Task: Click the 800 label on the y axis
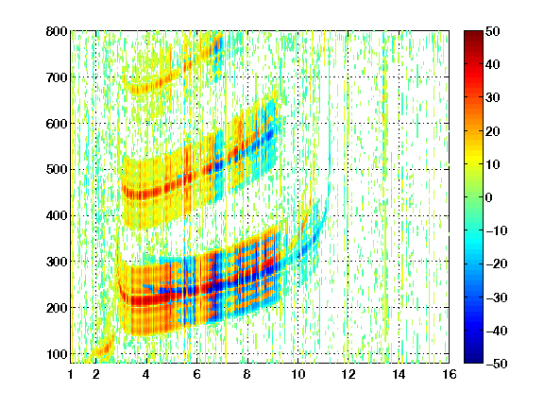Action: (x=57, y=31)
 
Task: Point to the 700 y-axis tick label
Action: (x=57, y=77)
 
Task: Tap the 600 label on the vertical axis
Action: (x=57, y=124)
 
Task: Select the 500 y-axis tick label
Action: (x=57, y=170)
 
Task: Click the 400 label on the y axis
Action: (x=57, y=215)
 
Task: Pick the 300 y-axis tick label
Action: (x=57, y=262)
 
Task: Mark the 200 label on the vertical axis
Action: (x=57, y=308)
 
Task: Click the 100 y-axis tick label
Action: (x=57, y=354)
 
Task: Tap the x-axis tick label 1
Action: (x=71, y=374)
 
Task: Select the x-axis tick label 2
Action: (x=95, y=374)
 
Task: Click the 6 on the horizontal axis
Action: (x=196, y=374)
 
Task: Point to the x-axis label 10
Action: (x=297, y=374)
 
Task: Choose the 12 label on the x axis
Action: (x=348, y=374)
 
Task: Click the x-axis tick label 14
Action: (x=399, y=374)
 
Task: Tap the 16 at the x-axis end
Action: (x=450, y=374)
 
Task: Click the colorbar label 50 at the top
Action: (x=492, y=31)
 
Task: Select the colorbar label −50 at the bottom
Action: (x=496, y=364)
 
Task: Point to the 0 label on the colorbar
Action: (x=489, y=197)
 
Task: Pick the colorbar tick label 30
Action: (x=492, y=98)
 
